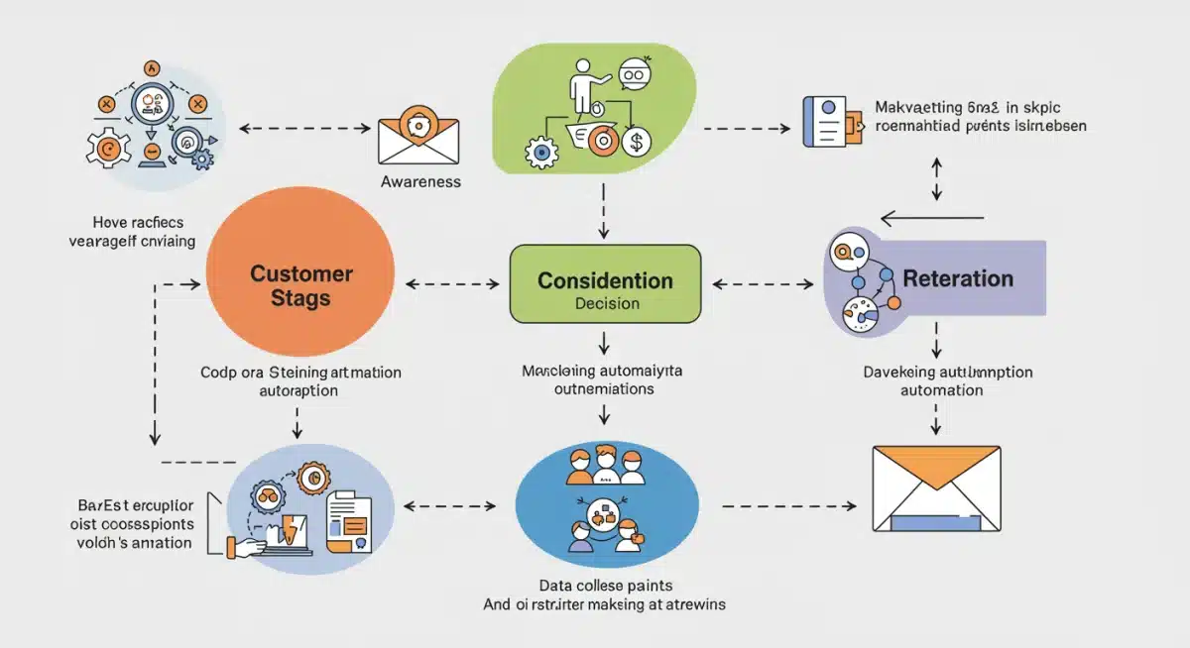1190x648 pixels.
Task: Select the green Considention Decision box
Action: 605,284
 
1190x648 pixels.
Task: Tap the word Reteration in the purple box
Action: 958,278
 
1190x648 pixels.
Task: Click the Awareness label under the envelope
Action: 420,182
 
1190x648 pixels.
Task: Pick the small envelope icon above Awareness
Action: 419,138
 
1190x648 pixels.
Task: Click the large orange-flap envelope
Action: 935,487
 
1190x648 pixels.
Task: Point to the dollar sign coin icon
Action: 636,143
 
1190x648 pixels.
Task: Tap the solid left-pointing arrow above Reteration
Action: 932,218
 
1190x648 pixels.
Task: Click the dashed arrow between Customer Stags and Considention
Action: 452,285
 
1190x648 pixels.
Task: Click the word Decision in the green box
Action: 606,304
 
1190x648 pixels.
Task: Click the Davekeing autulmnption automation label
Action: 941,381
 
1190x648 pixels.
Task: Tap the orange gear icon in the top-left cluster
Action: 108,148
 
